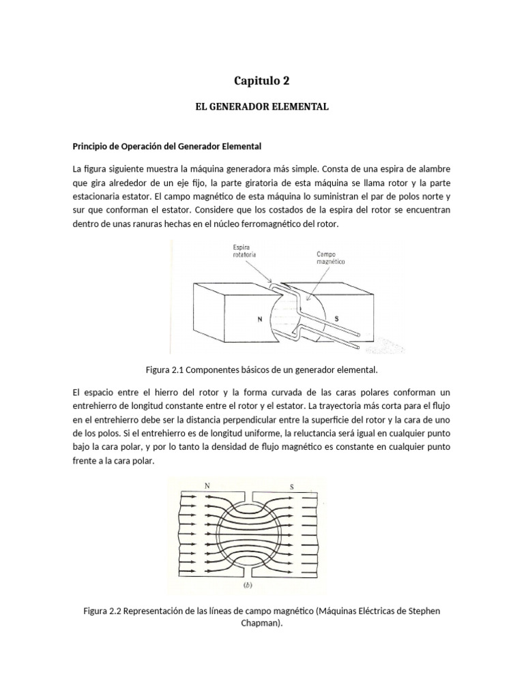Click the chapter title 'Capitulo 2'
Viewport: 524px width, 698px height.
click(262, 80)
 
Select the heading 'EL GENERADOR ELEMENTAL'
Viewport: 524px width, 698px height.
click(262, 107)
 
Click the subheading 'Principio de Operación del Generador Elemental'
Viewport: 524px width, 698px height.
click(167, 146)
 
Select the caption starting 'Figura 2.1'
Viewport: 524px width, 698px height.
click(261, 369)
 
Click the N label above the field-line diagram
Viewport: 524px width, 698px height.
click(207, 486)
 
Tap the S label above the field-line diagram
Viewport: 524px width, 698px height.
click(291, 487)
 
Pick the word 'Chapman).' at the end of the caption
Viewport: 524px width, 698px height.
click(262, 623)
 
